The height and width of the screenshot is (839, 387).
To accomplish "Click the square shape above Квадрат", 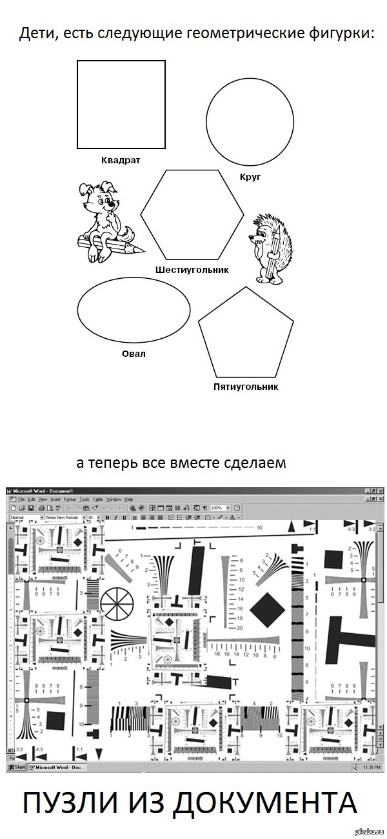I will point(121,105).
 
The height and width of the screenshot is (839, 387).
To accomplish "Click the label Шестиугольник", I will point(192,269).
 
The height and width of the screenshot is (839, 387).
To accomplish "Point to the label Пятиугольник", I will point(245,387).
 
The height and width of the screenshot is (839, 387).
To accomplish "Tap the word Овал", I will point(134,354).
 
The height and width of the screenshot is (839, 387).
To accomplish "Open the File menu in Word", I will point(21,500).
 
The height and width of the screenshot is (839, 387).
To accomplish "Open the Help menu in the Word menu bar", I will point(129,500).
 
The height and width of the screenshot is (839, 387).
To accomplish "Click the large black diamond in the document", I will point(268,610).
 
